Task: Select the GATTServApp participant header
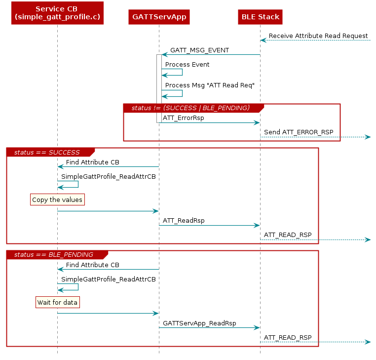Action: point(159,17)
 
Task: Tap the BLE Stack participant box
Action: point(260,17)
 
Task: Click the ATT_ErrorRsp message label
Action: point(183,118)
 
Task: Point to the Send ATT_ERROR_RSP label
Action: point(298,132)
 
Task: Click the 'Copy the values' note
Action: point(57,200)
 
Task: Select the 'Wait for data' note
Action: point(57,302)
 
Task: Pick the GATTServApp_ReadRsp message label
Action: point(199,323)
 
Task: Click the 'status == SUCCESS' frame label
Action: point(47,152)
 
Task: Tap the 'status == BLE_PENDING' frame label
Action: point(54,255)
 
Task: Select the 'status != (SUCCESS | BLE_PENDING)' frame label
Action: point(190,108)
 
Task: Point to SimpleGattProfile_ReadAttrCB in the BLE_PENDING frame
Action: point(109,280)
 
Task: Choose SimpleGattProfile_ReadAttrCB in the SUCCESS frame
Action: point(109,177)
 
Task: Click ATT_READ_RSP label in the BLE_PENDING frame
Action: point(288,337)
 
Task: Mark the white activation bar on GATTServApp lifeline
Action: point(159,79)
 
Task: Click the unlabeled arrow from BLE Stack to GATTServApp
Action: point(211,54)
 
